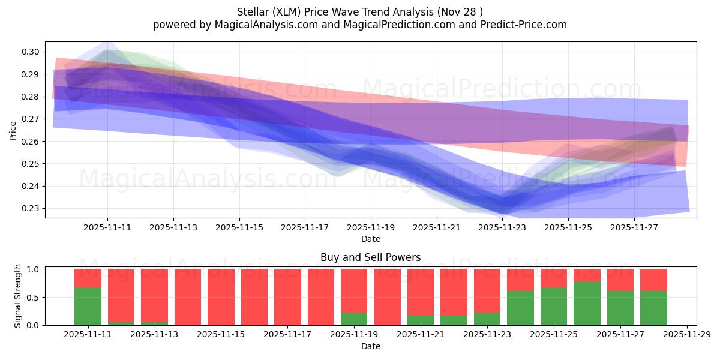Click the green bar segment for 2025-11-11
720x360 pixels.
click(88, 306)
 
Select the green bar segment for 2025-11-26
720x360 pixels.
click(587, 303)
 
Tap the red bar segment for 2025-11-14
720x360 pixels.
click(188, 297)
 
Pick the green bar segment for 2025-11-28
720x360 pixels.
click(653, 308)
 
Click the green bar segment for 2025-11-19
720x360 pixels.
click(354, 319)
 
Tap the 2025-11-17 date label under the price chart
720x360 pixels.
click(305, 227)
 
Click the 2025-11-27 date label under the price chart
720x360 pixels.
click(634, 227)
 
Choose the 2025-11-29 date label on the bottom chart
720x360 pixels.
click(686, 335)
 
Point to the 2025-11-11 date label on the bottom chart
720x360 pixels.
click(88, 335)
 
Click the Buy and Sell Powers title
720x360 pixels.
click(370, 257)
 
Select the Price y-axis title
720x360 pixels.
click(13, 130)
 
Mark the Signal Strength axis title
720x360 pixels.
click(18, 296)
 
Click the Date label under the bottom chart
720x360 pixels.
click(370, 346)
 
